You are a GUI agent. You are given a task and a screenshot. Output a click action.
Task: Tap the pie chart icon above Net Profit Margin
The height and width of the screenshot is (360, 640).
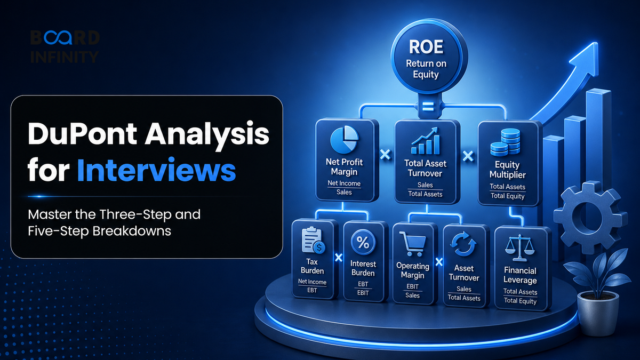pos(345,140)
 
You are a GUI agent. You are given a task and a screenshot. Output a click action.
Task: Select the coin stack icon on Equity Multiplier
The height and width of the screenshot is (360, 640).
pos(505,142)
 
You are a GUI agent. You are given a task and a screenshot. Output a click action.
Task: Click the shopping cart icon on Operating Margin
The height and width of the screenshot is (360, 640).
pos(413,244)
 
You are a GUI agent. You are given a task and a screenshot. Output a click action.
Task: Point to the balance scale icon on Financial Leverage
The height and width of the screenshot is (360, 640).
pos(519,248)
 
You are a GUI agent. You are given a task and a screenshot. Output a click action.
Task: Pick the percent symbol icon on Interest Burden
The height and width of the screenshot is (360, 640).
pos(363,243)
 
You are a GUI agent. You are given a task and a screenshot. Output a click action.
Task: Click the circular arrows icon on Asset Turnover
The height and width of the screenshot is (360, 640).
pos(463,244)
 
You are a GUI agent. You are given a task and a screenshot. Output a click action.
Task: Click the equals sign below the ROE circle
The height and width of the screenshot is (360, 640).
pos(428,106)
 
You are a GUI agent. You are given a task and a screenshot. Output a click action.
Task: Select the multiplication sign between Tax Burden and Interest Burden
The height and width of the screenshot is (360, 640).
pos(339,258)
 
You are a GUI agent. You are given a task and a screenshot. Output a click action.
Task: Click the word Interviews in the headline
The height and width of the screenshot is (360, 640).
pos(156,170)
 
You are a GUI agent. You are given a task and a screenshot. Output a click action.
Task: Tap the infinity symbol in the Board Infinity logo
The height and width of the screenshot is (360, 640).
pos(58,37)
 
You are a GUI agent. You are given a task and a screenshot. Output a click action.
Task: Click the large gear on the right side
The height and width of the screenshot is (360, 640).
pos(589,218)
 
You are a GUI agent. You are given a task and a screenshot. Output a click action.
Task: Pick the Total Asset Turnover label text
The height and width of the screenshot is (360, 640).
pos(425,169)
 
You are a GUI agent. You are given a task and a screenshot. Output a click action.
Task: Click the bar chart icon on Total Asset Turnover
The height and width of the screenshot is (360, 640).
pos(426,141)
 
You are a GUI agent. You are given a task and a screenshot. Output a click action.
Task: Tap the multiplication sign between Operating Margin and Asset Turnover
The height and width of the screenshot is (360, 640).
pos(439,262)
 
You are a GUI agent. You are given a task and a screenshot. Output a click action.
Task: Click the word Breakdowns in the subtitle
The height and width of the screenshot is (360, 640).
pos(132,231)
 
